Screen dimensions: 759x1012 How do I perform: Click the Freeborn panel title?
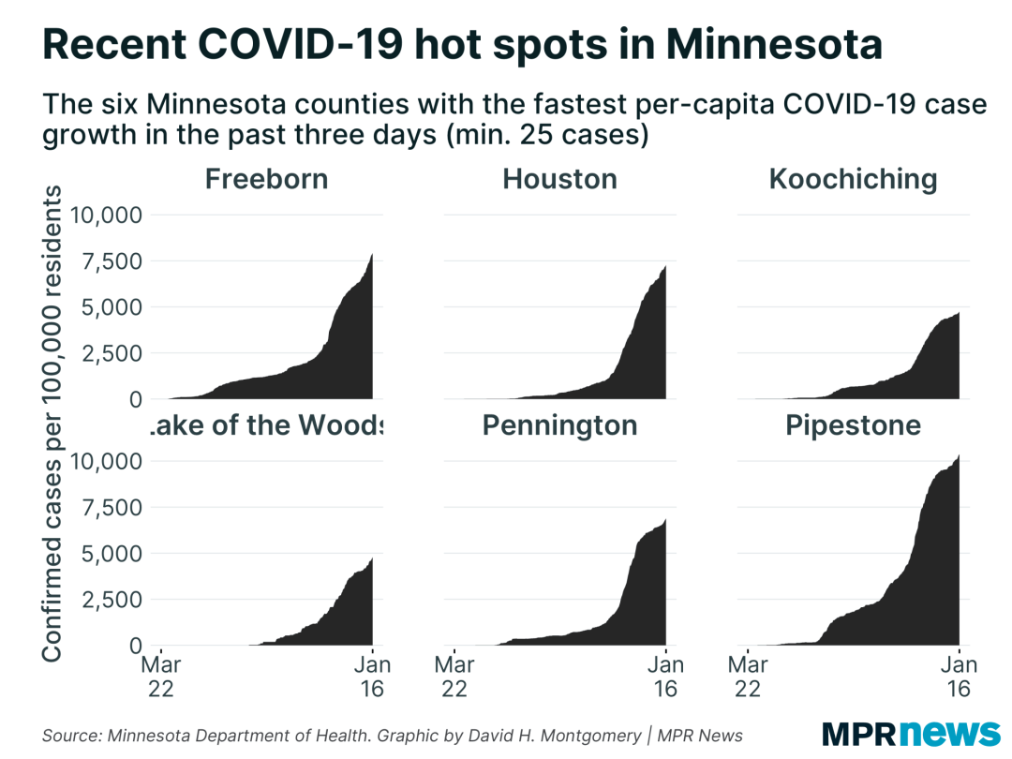click(266, 178)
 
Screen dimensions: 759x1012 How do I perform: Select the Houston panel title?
click(559, 178)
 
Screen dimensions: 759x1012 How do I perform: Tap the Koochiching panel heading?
click(853, 178)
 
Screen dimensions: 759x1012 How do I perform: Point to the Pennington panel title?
click(559, 425)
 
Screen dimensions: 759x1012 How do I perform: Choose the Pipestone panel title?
click(853, 425)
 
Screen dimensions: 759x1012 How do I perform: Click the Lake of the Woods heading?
click(266, 425)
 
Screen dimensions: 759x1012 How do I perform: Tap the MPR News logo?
click(911, 732)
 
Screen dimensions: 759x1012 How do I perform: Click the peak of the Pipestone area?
click(959, 455)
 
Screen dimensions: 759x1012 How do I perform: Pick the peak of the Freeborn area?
click(372, 255)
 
